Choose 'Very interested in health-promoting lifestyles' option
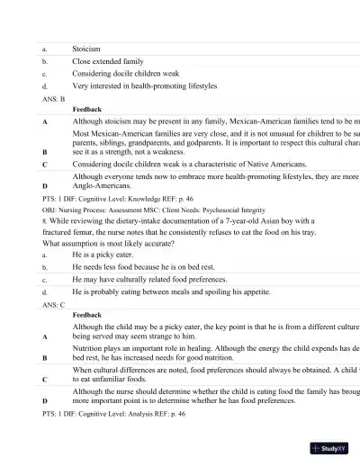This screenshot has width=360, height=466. (144, 86)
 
